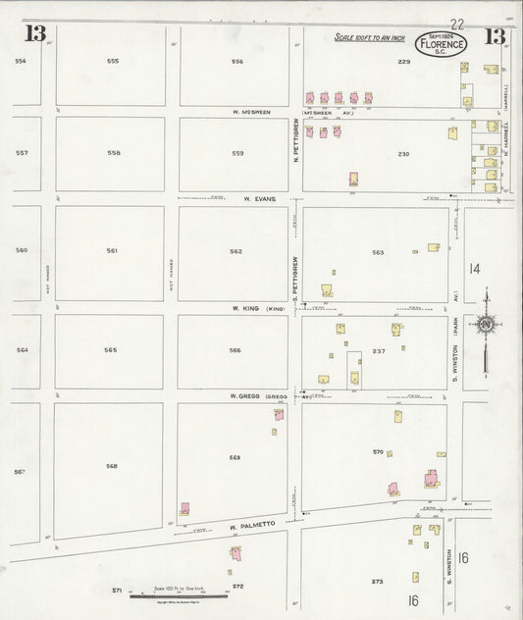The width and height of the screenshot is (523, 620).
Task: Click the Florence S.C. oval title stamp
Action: (x=443, y=43)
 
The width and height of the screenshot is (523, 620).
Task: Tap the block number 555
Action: (x=113, y=61)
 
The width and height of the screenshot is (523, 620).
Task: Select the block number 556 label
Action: (x=236, y=61)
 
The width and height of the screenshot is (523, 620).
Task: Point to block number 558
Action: (x=114, y=153)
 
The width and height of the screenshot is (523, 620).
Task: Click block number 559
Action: (x=237, y=153)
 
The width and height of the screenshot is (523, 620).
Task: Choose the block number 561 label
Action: (x=112, y=251)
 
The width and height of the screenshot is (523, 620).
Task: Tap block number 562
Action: (x=235, y=251)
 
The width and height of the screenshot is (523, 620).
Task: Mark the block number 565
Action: (x=111, y=349)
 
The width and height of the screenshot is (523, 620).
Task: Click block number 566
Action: (x=235, y=349)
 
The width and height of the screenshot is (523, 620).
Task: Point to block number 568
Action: (x=112, y=465)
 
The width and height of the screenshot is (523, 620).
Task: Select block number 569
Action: (x=235, y=458)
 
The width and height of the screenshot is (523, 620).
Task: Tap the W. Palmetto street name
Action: (x=248, y=526)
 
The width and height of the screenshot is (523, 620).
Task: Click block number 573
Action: (x=376, y=581)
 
